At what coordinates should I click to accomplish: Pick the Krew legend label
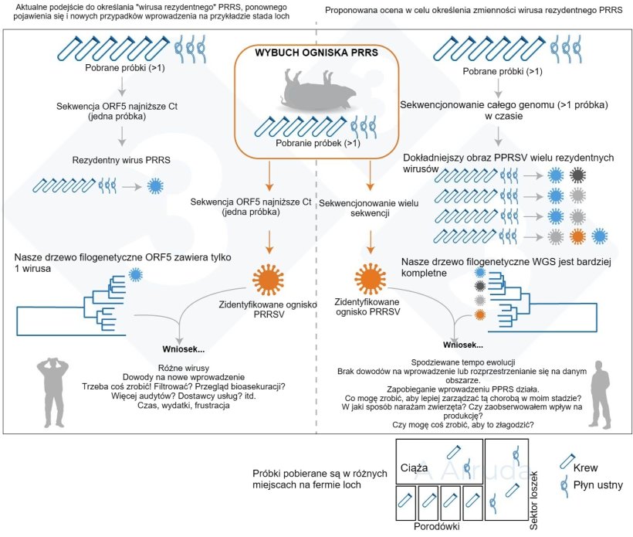click(x=584, y=467)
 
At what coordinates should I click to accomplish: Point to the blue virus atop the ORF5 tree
click(x=137, y=274)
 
